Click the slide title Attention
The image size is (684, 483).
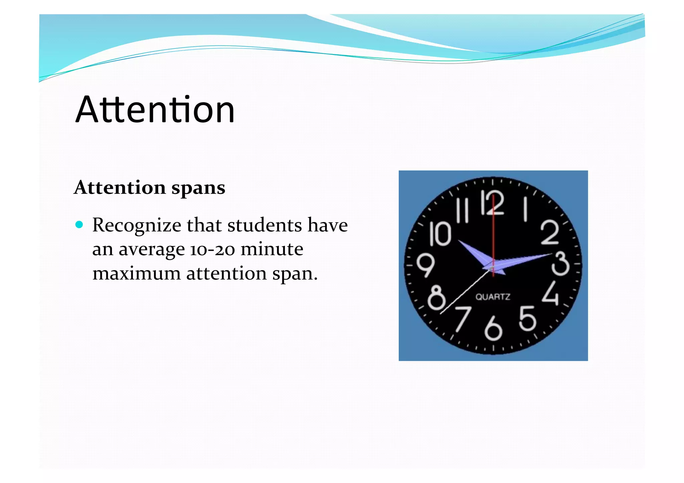coord(155,109)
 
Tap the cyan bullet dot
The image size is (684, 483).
coord(79,225)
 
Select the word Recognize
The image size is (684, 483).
coord(137,226)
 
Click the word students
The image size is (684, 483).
coord(264,225)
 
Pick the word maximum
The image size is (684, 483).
coord(137,273)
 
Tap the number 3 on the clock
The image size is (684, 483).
coord(560,264)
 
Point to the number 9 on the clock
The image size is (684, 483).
coord(425,265)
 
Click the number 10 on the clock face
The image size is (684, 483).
coord(440,234)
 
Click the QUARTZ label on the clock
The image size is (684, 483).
coord(493,297)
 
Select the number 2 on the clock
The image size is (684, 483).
coord(549,232)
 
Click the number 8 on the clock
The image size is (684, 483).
coord(436,297)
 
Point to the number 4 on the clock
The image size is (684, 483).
coord(550,293)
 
